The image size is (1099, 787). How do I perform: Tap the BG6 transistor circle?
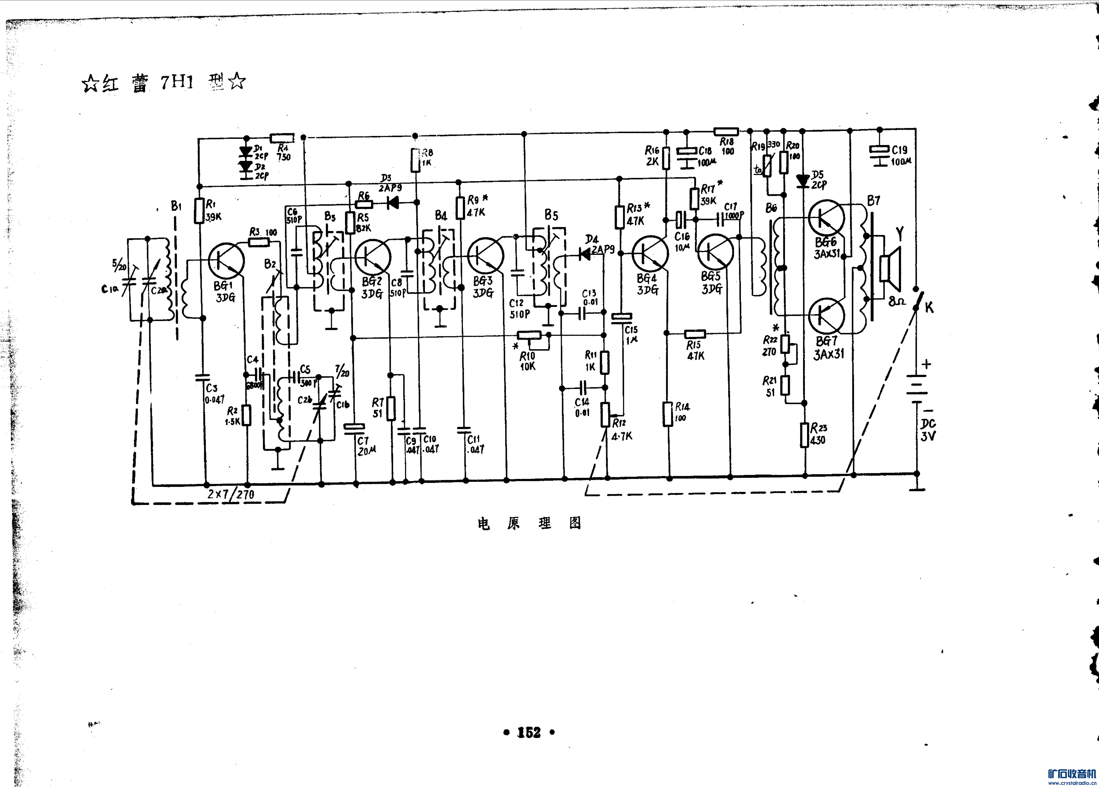[x=826, y=218]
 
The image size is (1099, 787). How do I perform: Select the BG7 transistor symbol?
[x=827, y=316]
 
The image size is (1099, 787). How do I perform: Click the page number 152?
[x=529, y=732]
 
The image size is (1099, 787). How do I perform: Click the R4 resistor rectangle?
[x=282, y=138]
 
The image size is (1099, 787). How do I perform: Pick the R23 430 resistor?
[x=805, y=435]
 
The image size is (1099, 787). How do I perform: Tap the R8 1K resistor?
[x=415, y=160]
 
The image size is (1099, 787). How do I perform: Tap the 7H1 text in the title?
[x=177, y=82]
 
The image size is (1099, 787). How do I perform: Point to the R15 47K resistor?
[x=695, y=334]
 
